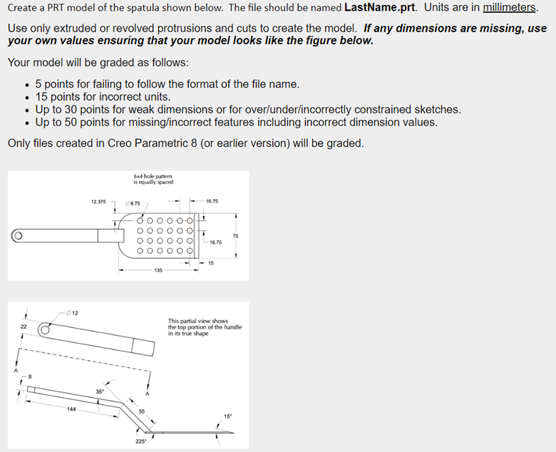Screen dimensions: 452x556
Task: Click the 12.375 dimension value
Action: pos(98,202)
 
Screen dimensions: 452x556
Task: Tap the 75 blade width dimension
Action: pos(235,236)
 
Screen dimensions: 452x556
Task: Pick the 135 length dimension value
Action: pos(158,271)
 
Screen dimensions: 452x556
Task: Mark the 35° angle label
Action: pos(100,391)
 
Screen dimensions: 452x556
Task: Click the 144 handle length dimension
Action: pos(71,409)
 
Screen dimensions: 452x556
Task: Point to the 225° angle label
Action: pos(142,441)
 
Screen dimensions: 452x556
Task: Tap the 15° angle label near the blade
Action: pos(227,416)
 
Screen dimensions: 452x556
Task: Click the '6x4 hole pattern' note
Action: pos(153,178)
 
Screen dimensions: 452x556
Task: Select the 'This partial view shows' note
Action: pos(197,321)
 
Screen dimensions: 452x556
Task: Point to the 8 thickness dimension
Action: pos(31,375)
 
